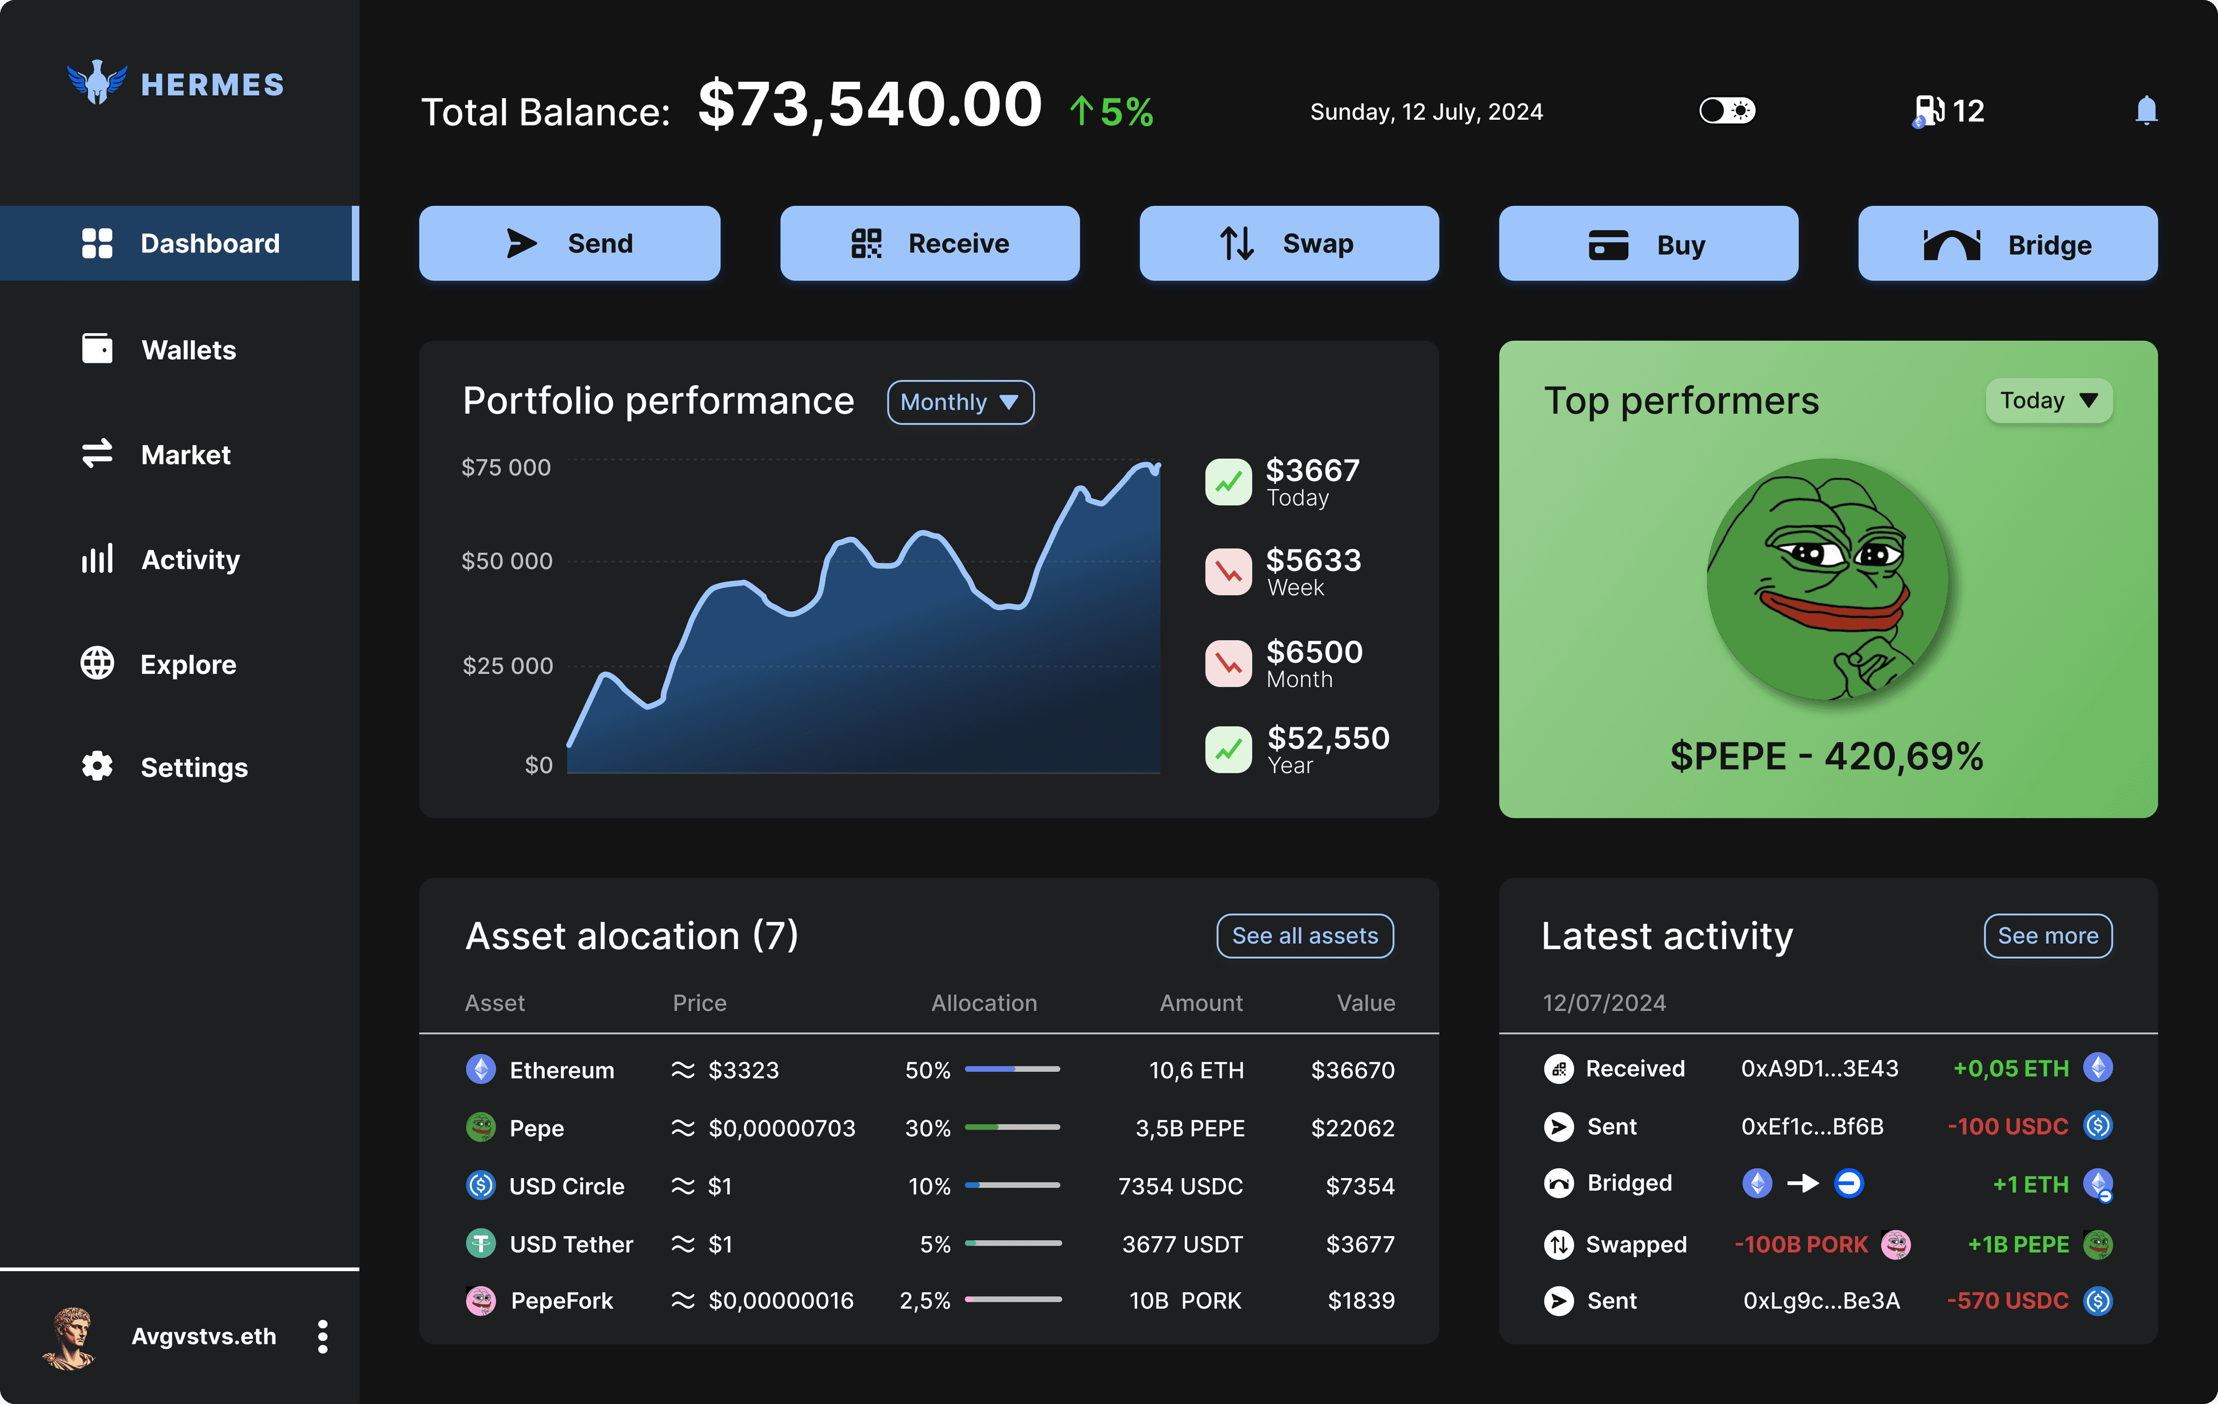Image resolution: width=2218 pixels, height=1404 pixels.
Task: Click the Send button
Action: click(x=569, y=243)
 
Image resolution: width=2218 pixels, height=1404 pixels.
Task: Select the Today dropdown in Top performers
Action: click(x=2049, y=401)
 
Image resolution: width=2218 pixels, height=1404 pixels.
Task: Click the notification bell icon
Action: click(x=2146, y=110)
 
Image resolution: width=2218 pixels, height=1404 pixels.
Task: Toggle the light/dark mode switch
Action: click(x=1727, y=110)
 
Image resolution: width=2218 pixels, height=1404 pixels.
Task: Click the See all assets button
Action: click(x=1305, y=936)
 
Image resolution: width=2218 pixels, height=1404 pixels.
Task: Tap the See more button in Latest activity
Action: click(x=2047, y=936)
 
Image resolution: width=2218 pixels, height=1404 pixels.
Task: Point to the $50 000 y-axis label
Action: click(x=507, y=561)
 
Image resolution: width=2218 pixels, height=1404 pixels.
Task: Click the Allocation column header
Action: click(x=984, y=1003)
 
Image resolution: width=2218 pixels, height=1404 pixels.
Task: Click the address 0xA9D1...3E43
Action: click(x=1819, y=1069)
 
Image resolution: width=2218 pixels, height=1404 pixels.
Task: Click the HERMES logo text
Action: click(x=213, y=84)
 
